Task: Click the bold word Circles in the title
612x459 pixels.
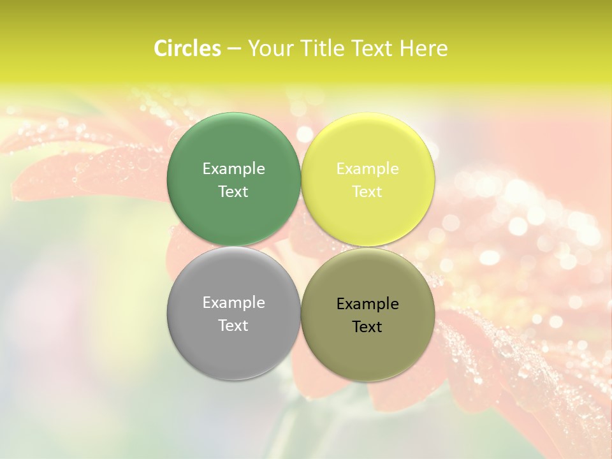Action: click(187, 48)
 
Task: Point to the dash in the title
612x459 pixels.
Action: click(234, 49)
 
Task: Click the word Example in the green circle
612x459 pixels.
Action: click(233, 168)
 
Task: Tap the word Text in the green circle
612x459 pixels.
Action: click(233, 191)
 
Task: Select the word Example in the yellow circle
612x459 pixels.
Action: click(367, 168)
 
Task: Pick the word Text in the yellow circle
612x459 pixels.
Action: click(367, 191)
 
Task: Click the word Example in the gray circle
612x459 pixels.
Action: click(233, 302)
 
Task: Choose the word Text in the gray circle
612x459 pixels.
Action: click(233, 325)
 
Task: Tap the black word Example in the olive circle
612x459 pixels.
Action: click(367, 303)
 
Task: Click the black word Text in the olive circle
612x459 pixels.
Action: click(367, 326)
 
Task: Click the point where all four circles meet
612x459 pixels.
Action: click(300, 247)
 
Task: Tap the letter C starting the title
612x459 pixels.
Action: click(161, 48)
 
